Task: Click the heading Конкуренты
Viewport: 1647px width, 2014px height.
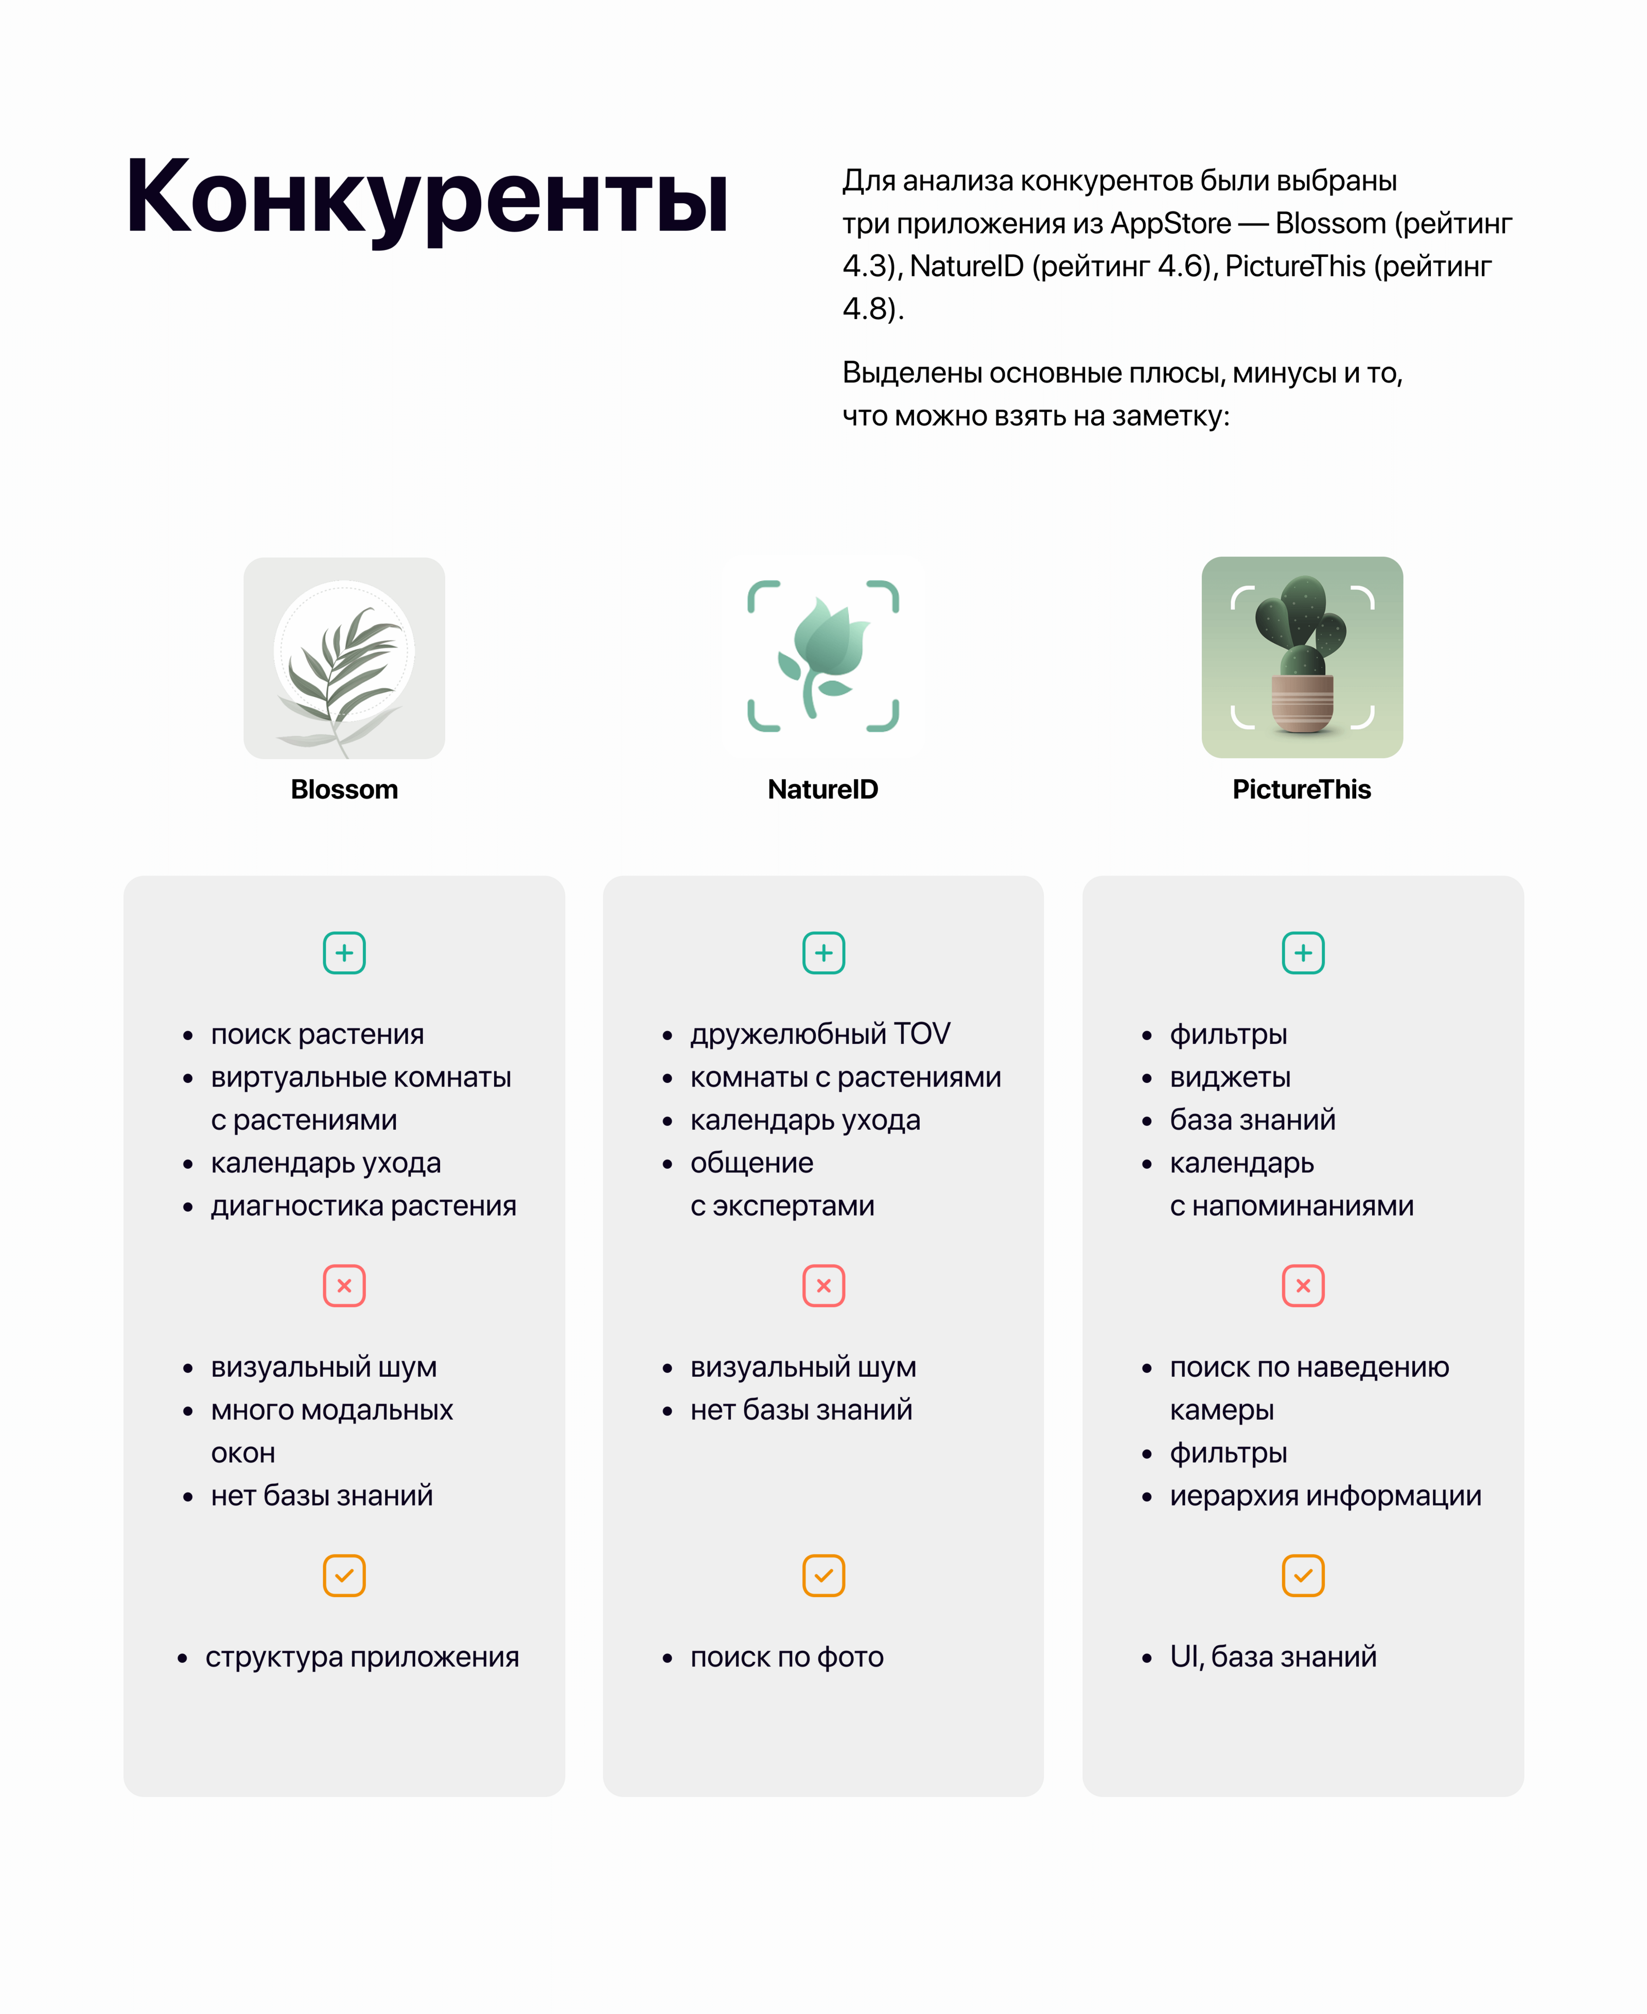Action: tap(427, 197)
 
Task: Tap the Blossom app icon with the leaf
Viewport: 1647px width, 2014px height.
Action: tap(344, 657)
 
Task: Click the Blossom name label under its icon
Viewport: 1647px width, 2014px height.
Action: tap(344, 789)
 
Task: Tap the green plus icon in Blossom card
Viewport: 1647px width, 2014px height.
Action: tap(344, 953)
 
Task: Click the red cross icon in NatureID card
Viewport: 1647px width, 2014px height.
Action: tap(823, 1285)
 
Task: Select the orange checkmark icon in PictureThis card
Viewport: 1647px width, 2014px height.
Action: tap(1303, 1575)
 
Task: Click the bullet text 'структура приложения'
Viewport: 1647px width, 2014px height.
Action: tap(362, 1657)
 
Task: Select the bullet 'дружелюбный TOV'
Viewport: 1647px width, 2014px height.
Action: tap(820, 1034)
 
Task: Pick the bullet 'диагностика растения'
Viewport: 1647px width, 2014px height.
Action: tap(363, 1206)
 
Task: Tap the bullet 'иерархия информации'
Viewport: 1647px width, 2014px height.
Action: tap(1325, 1496)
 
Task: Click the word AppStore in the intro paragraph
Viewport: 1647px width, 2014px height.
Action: tap(1171, 224)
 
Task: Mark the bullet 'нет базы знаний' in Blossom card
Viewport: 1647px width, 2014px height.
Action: tap(322, 1496)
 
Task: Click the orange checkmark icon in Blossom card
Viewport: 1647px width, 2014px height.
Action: tap(344, 1575)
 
